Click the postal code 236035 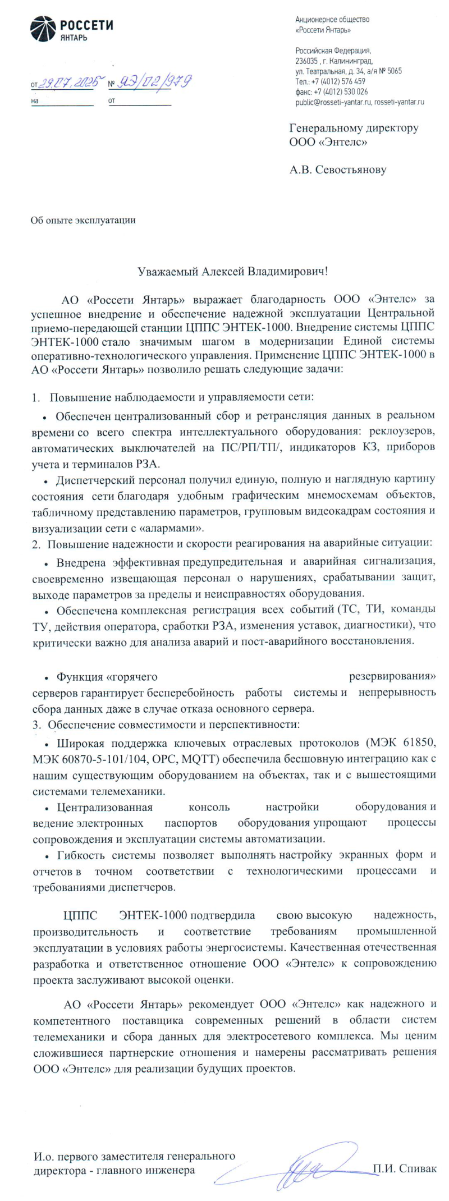pyautogui.click(x=307, y=61)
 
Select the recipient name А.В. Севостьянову pyautogui.click(x=338, y=169)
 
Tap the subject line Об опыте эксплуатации pyautogui.click(x=83, y=220)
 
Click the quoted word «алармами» pyautogui.click(x=176, y=528)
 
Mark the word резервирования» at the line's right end pyautogui.click(x=392, y=677)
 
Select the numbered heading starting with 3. pyautogui.click(x=166, y=725)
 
